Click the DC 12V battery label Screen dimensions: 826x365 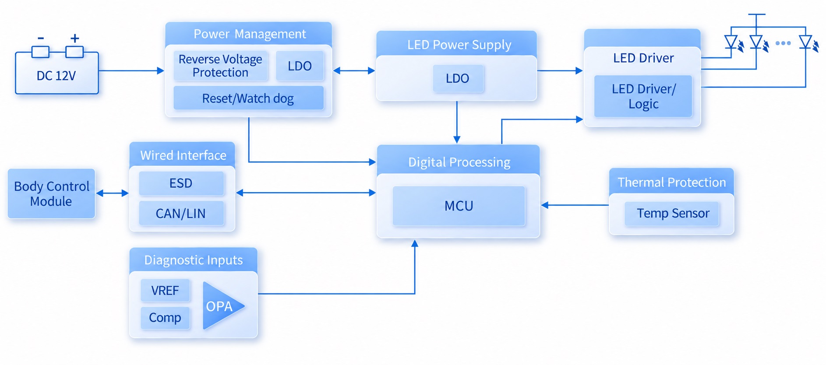(56, 76)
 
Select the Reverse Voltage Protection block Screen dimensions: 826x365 (220, 66)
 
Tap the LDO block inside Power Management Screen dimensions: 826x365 (300, 66)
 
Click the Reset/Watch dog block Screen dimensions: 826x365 (248, 98)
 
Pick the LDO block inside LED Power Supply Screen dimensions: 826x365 (458, 78)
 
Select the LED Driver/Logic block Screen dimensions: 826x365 (643, 96)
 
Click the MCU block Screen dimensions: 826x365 (459, 206)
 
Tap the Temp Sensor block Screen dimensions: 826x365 (672, 214)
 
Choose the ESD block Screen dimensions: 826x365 (181, 183)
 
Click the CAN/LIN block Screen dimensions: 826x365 (181, 213)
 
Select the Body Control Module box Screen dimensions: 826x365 (51, 193)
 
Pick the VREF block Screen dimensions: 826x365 (165, 290)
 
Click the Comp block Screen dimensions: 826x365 (165, 317)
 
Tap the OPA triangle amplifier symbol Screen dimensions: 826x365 (221, 306)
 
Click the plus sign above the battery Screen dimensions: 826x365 (75, 39)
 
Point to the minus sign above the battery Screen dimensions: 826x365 (41, 39)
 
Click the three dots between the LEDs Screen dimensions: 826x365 (783, 43)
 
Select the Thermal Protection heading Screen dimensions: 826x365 (671, 182)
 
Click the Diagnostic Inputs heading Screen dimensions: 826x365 (193, 260)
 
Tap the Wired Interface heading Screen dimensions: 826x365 (183, 155)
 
